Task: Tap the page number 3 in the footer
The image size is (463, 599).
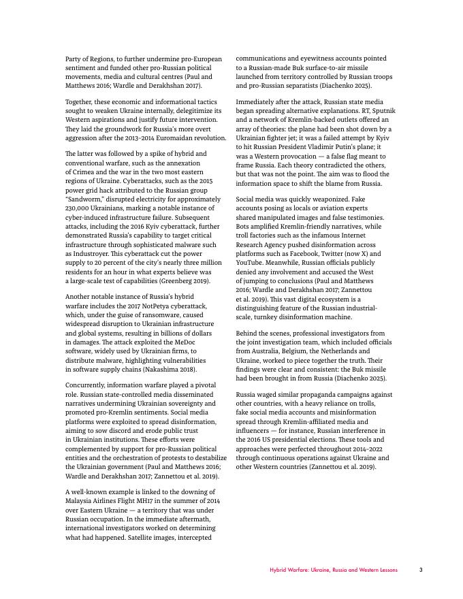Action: pyautogui.click(x=421, y=570)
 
